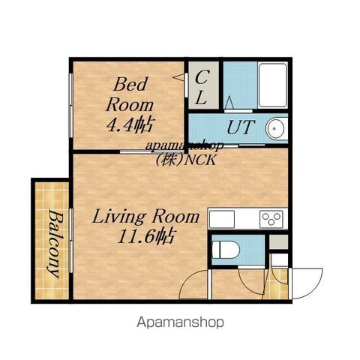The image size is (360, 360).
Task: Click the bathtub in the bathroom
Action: (x=272, y=85)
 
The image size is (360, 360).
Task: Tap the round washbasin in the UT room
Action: (x=277, y=129)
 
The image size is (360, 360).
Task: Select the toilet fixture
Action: (x=226, y=250)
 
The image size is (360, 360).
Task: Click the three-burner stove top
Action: (x=271, y=219)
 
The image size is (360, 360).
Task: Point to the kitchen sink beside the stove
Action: (x=222, y=219)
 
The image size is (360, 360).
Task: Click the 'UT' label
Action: (x=241, y=127)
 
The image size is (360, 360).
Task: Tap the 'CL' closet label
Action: (x=202, y=87)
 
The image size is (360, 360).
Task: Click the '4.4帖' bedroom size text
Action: (x=129, y=124)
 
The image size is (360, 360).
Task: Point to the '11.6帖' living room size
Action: (x=146, y=236)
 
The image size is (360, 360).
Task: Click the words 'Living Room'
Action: (x=146, y=217)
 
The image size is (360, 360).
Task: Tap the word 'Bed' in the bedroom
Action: (x=130, y=84)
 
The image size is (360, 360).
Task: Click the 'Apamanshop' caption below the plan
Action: (x=180, y=322)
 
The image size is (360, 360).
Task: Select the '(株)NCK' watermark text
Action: (x=186, y=160)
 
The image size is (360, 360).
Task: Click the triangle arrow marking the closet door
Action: (x=179, y=77)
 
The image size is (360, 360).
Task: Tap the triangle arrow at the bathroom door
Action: (x=229, y=103)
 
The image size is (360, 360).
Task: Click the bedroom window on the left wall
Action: (x=71, y=105)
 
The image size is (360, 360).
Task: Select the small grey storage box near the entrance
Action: (x=278, y=241)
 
